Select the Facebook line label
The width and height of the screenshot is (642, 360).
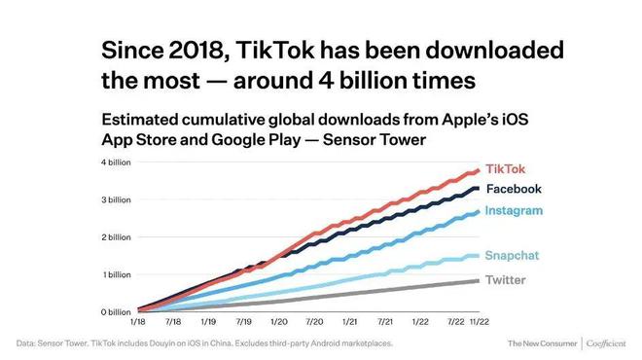click(514, 189)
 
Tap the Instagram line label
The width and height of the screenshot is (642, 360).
click(514, 210)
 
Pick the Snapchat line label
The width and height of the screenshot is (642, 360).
click(512, 255)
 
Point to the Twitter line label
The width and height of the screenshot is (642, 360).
click(505, 280)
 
